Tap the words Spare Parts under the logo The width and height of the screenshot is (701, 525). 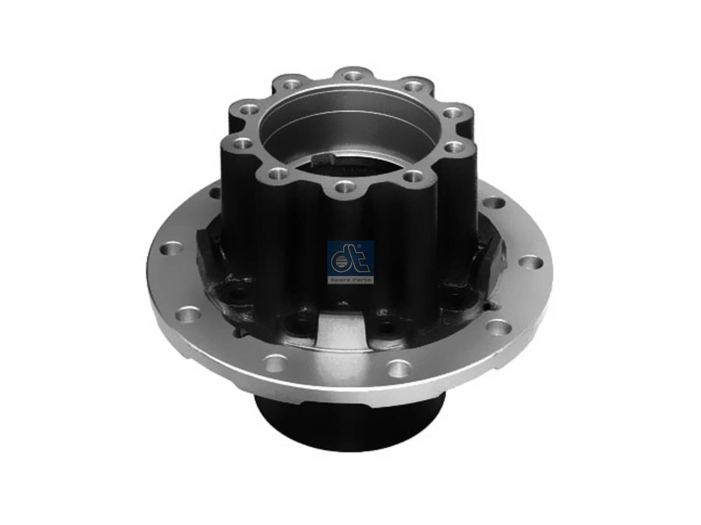point(350,280)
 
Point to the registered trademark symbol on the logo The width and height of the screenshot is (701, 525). point(359,246)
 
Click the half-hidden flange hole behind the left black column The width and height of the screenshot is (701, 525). point(214,193)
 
